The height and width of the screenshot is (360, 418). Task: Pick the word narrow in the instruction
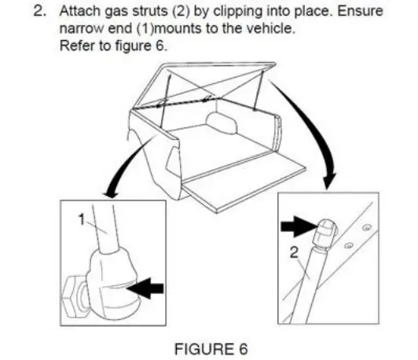(81, 31)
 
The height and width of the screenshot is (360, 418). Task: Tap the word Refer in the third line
(75, 47)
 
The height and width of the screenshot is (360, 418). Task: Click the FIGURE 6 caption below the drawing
(207, 348)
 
